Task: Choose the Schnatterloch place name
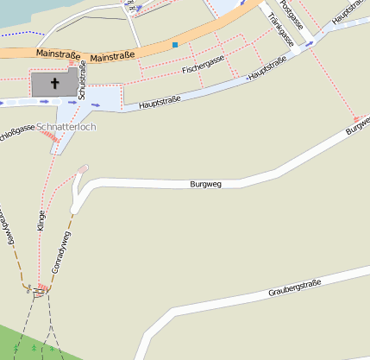[x=66, y=127]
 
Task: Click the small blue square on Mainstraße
[x=175, y=44]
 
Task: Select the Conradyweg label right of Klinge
[x=60, y=253]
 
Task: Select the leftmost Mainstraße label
[x=59, y=54]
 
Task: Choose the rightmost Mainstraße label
[x=112, y=57]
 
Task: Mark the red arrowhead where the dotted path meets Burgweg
[x=355, y=118]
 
